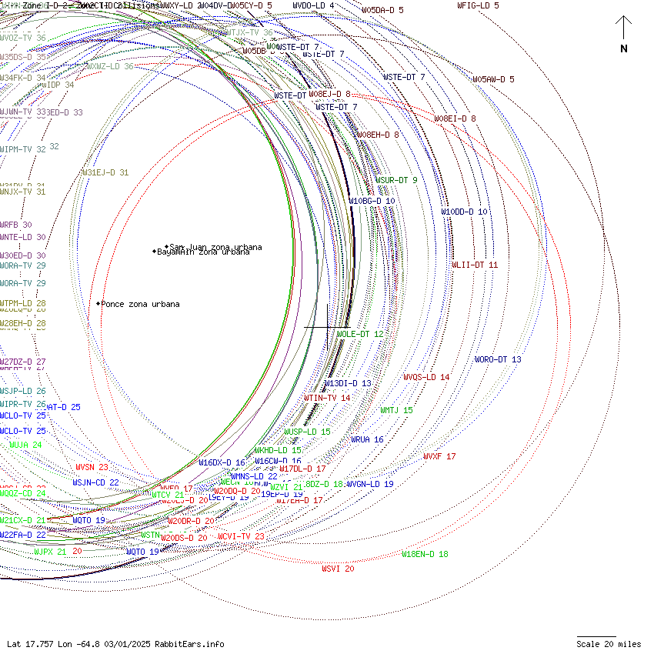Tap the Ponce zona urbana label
pyautogui.click(x=141, y=304)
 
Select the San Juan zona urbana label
pyautogui.click(x=215, y=247)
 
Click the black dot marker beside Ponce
pyautogui.click(x=98, y=304)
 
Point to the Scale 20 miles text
pyautogui.click(x=608, y=644)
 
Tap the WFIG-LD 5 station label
pyautogui.click(x=478, y=5)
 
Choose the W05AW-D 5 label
pyautogui.click(x=493, y=79)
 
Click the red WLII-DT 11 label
pyautogui.click(x=475, y=265)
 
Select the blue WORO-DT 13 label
pyautogui.click(x=498, y=359)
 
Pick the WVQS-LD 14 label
pyautogui.click(x=426, y=377)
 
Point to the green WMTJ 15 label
pyautogui.click(x=396, y=410)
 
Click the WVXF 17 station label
pyautogui.click(x=439, y=456)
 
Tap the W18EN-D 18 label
pyautogui.click(x=425, y=553)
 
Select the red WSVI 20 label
pyautogui.click(x=338, y=569)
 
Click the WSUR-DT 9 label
pyautogui.click(x=396, y=180)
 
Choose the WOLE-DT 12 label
pyautogui.click(x=359, y=334)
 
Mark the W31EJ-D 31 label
pyautogui.click(x=105, y=172)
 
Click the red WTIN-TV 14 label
pyautogui.click(x=327, y=398)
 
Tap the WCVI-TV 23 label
pyautogui.click(x=241, y=536)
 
